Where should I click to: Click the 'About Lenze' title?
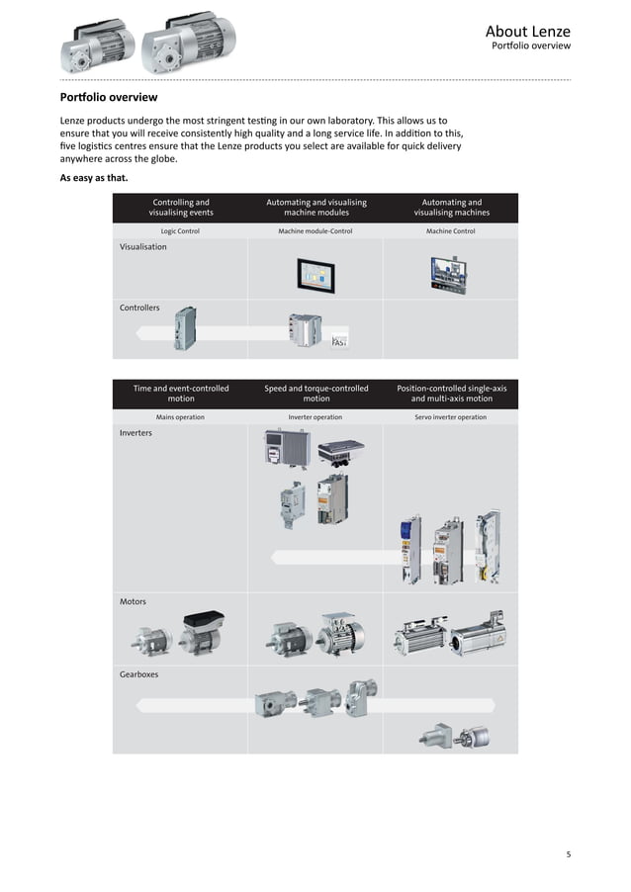527,32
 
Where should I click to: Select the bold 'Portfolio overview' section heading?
109,98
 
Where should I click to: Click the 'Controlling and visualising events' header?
181,207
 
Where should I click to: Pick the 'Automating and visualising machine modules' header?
316,207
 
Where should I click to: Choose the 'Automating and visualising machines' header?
451,207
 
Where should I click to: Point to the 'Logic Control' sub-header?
181,231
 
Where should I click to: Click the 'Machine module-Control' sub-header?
315,231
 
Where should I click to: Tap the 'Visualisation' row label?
143,247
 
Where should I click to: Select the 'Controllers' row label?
139,308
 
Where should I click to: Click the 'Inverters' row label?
136,433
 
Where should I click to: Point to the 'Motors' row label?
134,601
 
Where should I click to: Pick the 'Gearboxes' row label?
139,673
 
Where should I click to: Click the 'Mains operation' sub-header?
181,417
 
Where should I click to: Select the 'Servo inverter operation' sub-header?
451,417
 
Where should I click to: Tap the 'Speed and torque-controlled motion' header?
316,393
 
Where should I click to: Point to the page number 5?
569,853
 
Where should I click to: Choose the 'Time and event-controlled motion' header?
181,393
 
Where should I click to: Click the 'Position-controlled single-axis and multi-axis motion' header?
451,393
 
